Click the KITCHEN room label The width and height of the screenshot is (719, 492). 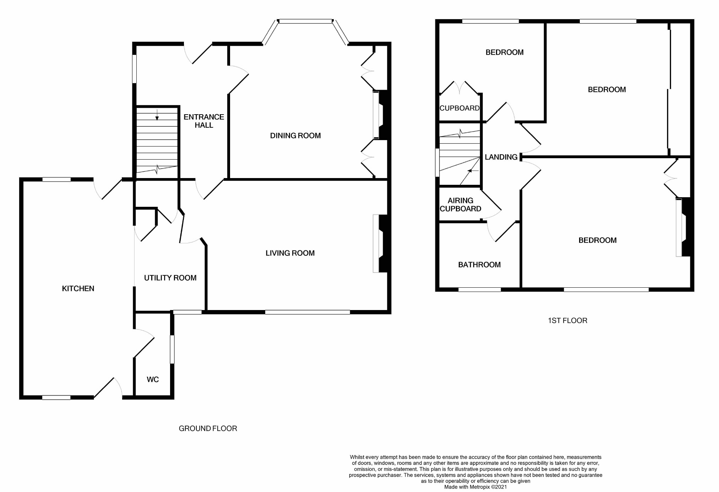point(78,288)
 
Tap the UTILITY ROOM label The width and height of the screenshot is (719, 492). point(170,278)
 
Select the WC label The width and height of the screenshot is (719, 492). point(153,380)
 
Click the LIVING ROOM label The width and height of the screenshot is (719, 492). point(290,253)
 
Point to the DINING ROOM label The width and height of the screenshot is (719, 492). point(295,136)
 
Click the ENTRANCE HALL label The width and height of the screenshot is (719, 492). point(204,121)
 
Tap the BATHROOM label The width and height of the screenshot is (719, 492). point(479,265)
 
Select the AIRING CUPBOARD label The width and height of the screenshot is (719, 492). point(461,205)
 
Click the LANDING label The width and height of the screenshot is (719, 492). point(501,157)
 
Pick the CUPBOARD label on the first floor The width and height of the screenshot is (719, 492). point(459,108)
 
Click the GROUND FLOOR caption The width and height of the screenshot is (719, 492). point(208,429)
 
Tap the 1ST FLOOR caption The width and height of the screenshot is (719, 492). point(567,321)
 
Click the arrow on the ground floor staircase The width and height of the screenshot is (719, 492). point(157,115)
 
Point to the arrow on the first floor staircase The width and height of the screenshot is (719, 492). point(473,171)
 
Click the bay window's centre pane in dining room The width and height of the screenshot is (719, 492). point(305,21)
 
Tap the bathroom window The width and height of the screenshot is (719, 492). point(479,289)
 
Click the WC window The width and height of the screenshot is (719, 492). point(172,349)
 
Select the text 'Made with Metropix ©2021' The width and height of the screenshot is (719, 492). point(475,487)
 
